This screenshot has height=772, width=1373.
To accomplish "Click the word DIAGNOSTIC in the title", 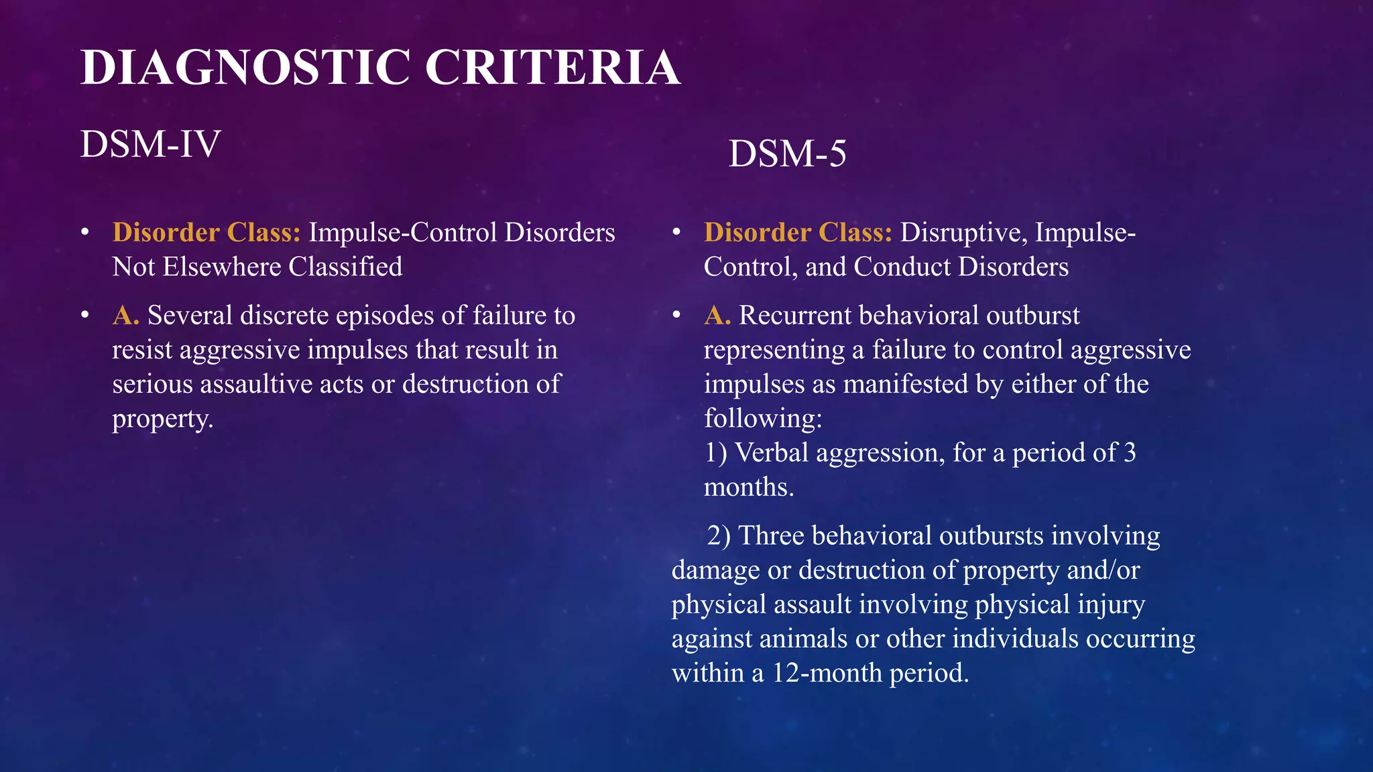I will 245,67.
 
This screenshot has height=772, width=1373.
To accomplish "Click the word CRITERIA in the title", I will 552,67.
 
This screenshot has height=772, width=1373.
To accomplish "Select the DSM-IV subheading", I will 150,144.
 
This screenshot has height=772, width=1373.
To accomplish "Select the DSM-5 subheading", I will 787,153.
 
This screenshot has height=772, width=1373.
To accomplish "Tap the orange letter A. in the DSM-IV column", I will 126,315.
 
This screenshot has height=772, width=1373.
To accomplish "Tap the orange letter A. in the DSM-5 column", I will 717,315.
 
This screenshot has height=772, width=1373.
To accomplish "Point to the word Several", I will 190,315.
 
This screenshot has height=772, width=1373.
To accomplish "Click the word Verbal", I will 772,453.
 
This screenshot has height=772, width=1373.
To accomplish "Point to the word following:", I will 763,419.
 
